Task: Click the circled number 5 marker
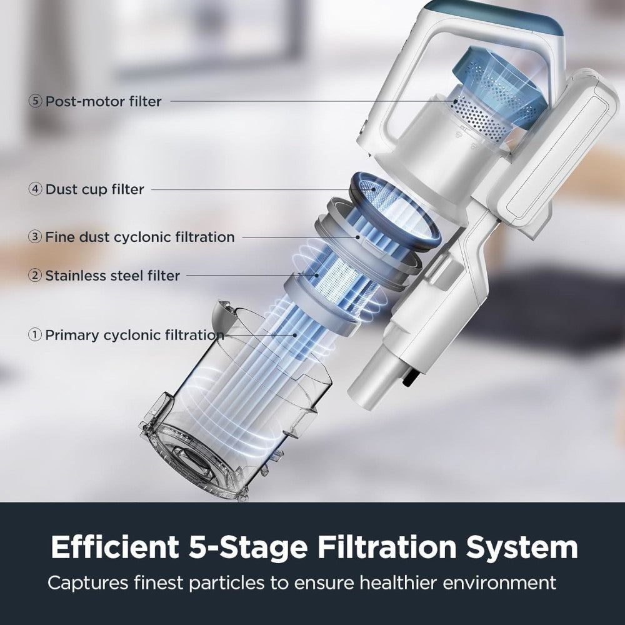click(35, 101)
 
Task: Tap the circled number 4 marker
click(35, 189)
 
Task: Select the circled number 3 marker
click(35, 237)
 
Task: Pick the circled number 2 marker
click(35, 276)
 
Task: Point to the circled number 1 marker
click(35, 335)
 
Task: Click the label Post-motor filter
click(104, 102)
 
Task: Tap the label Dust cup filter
click(95, 189)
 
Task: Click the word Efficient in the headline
click(115, 547)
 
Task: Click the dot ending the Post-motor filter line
click(454, 101)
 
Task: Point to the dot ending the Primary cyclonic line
click(295, 335)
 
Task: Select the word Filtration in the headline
click(387, 547)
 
